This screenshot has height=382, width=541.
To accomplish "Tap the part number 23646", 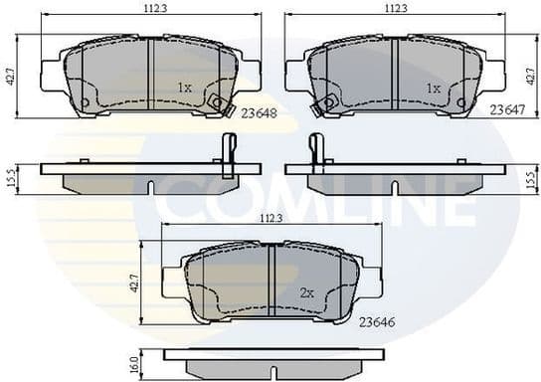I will click(x=377, y=320).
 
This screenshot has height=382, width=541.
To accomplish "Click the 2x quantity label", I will click(x=307, y=294).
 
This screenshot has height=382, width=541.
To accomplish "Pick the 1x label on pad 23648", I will click(x=184, y=88).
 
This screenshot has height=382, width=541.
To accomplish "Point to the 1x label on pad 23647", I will click(x=433, y=88).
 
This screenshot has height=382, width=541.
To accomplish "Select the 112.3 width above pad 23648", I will click(x=150, y=8).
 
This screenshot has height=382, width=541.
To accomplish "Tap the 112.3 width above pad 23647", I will click(x=396, y=8).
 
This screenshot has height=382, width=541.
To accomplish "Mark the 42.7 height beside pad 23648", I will click(x=10, y=78).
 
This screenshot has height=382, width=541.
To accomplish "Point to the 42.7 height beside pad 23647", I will click(x=531, y=78).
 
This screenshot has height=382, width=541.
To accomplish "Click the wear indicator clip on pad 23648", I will click(x=219, y=103).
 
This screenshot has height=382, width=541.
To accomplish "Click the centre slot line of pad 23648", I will click(x=149, y=76).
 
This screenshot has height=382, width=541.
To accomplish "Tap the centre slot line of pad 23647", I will click(x=395, y=76).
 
